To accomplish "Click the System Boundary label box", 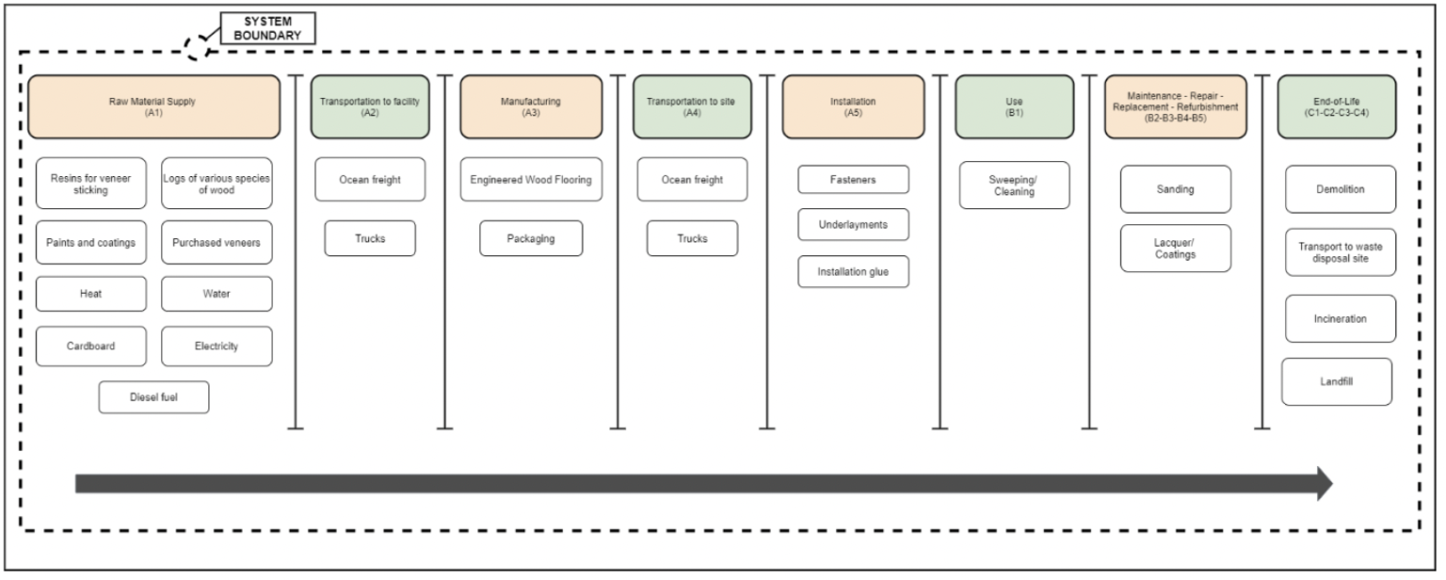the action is (x=267, y=28).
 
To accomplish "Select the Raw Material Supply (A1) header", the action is (x=153, y=106).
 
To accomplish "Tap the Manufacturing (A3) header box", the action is (x=531, y=106).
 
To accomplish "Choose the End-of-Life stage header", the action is (x=1336, y=106).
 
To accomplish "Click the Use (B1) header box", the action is (x=1014, y=106).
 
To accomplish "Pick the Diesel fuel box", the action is (x=153, y=397).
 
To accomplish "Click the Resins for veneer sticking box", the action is (x=91, y=184).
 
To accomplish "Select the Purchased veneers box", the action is (x=217, y=242).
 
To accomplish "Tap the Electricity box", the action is (x=217, y=346).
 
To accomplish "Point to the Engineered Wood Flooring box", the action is (x=531, y=180).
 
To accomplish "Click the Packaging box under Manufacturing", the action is (x=531, y=238).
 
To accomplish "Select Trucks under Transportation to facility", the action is (x=370, y=238).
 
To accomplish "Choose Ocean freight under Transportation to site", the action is (x=692, y=180).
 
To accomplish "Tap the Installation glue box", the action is (x=853, y=272).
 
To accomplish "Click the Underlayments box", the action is (x=853, y=225).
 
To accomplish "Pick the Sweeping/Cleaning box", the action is (x=1014, y=185).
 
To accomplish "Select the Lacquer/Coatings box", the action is (x=1175, y=249).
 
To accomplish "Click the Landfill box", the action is (x=1336, y=381).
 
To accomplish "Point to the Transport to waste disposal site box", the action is (x=1341, y=252).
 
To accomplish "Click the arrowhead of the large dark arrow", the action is (x=1325, y=484).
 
